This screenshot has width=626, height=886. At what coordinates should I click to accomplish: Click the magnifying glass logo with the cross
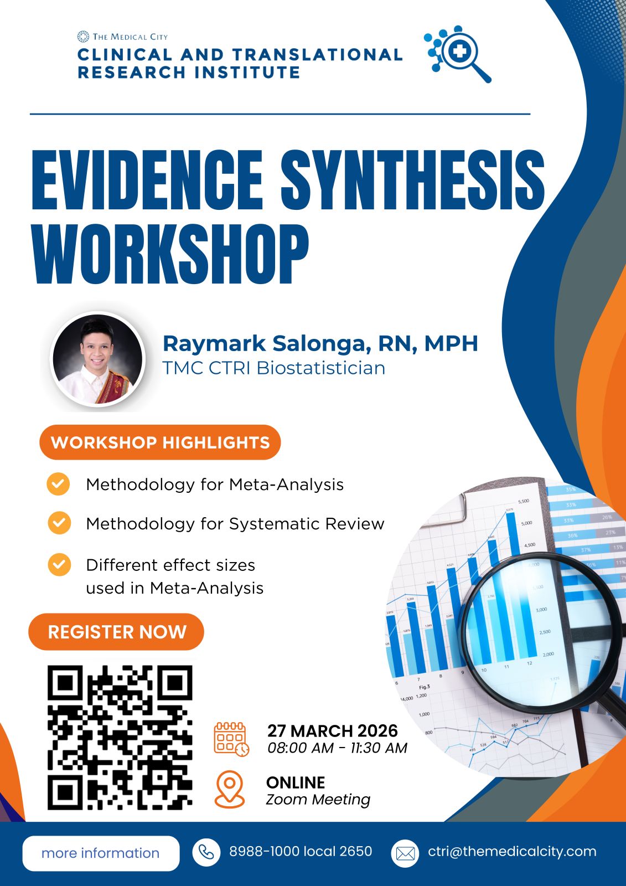[458, 54]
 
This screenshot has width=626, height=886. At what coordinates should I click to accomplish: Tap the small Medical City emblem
[83, 37]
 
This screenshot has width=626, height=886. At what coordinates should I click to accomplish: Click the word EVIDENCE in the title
[147, 180]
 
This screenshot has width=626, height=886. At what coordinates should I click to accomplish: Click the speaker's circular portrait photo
[97, 359]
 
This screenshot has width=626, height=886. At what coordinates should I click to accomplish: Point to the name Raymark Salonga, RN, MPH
[320, 343]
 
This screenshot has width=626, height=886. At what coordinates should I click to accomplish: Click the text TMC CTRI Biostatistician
[273, 368]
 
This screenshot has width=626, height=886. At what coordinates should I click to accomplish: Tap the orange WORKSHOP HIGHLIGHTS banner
[160, 442]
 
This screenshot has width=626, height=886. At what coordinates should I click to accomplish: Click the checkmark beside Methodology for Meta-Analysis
[58, 484]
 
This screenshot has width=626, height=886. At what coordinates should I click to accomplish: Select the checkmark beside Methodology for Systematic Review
[59, 523]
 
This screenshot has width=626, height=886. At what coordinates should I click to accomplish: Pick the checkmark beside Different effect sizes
[59, 564]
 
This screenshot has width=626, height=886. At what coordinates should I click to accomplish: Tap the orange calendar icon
[231, 739]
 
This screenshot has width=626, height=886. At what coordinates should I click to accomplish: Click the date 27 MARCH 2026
[333, 730]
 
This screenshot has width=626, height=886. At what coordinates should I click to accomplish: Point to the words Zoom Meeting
[318, 800]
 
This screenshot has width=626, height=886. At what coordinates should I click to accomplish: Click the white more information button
[101, 853]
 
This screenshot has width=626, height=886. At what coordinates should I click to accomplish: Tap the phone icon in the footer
[206, 852]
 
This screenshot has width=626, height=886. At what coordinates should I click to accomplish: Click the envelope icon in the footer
[405, 853]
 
